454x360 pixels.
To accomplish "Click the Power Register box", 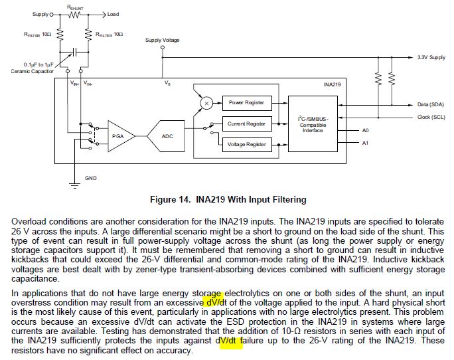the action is coord(247,103).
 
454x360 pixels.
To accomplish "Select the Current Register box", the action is coord(247,124).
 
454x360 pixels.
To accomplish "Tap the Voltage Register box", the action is coord(247,144).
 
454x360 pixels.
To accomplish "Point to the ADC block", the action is coord(166,136).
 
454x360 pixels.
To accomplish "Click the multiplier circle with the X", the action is coord(206,103).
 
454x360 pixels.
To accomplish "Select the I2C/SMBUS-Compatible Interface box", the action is coord(313,124).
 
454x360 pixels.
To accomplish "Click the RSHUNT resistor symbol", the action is coord(74,15).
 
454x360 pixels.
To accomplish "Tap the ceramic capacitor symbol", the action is coord(74,52).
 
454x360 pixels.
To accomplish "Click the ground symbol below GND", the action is coord(75,186).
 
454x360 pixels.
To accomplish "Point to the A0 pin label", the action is coord(366,130).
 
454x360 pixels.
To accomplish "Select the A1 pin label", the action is coord(366,143).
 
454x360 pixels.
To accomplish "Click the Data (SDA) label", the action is coord(431,105).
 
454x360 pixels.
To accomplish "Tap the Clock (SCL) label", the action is coord(431,117).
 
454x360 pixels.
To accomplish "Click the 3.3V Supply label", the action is coord(431,57).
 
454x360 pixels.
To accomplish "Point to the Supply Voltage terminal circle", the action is coord(163,47).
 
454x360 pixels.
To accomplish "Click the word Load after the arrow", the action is coord(113,14).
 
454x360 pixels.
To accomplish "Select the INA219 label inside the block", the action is coord(332,84).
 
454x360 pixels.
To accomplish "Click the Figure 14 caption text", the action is coord(228,200).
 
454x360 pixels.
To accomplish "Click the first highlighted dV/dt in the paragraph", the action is coord(216,303).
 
